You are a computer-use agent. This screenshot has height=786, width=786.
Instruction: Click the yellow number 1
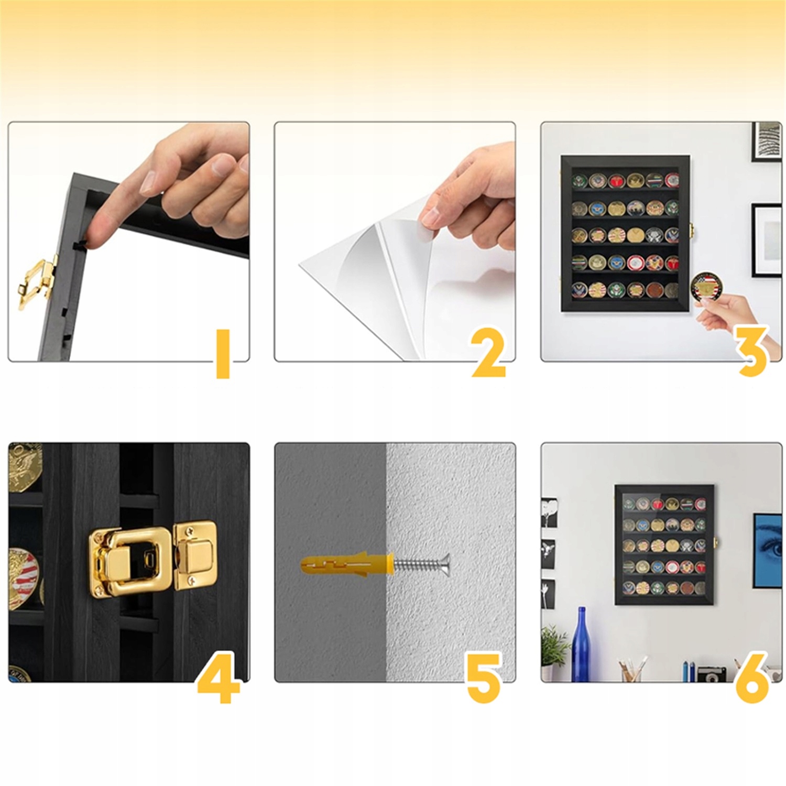point(223,353)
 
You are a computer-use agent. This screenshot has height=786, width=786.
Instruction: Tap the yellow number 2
point(488,352)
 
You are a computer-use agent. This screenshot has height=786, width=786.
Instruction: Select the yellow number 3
point(752,350)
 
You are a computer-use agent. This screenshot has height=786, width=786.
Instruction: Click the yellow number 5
point(484,677)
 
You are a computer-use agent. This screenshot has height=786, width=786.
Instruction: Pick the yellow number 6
point(752,677)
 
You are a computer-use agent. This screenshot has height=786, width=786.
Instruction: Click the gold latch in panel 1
point(37,282)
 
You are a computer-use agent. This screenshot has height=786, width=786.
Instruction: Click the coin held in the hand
point(706,288)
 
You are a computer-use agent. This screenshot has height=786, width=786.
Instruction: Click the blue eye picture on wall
point(768,550)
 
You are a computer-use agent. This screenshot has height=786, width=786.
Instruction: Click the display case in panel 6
point(664,544)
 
